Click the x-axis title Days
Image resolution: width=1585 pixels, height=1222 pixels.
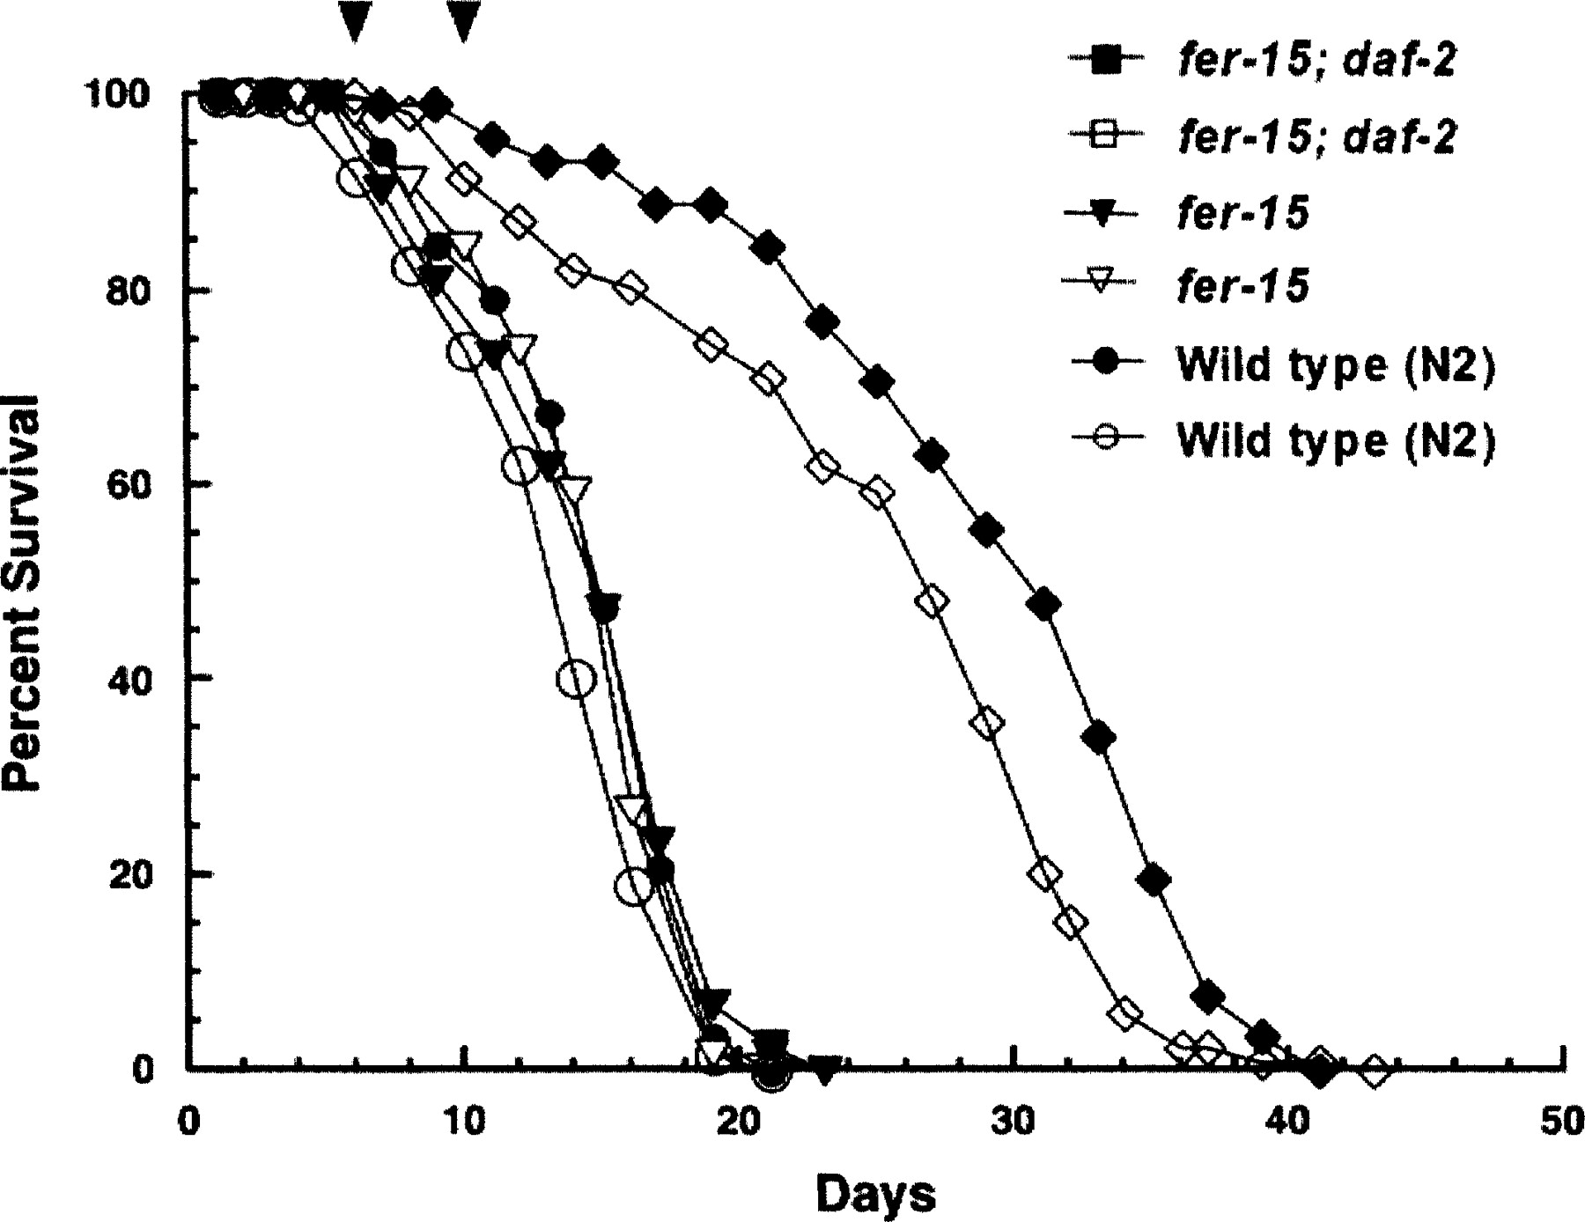click(875, 1195)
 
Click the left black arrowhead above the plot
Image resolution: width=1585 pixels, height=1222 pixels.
click(354, 19)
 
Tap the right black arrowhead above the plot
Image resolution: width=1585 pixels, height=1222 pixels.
click(463, 19)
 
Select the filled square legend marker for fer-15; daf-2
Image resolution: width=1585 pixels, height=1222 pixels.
click(1106, 62)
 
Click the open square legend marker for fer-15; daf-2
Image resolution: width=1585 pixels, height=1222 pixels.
click(1106, 136)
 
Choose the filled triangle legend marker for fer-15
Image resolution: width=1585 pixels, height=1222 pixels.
click(1106, 213)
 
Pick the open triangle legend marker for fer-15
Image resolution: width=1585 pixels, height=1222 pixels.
click(1106, 285)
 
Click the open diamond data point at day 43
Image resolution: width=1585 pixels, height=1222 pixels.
click(1374, 1071)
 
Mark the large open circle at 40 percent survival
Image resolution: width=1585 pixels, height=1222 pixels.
click(576, 679)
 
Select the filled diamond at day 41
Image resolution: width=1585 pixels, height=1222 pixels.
click(1319, 1071)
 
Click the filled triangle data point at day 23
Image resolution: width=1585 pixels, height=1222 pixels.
click(825, 1070)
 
